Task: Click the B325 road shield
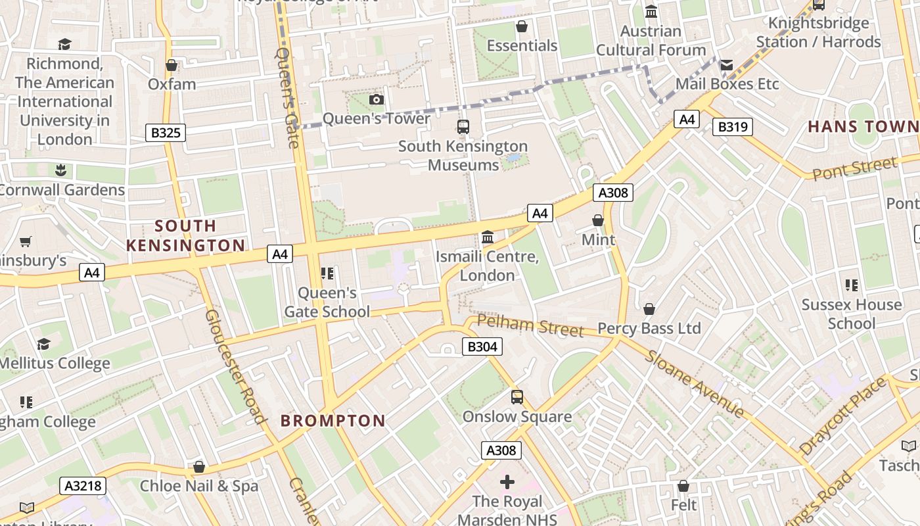166,133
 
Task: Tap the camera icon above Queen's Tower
377,99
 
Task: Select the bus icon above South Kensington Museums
463,126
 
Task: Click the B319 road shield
732,127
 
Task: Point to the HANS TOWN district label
862,126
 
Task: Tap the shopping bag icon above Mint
598,220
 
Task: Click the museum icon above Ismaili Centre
488,237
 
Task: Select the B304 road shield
482,347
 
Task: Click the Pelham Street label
530,325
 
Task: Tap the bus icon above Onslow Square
517,397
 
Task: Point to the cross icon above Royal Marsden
507,482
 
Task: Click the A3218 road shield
83,486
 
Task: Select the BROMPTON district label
333,421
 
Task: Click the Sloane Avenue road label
695,384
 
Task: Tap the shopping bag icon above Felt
683,486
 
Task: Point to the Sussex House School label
852,314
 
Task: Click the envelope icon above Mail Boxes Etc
726,64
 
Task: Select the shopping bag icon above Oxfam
172,65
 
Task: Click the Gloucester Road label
235,366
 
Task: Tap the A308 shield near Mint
612,193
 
